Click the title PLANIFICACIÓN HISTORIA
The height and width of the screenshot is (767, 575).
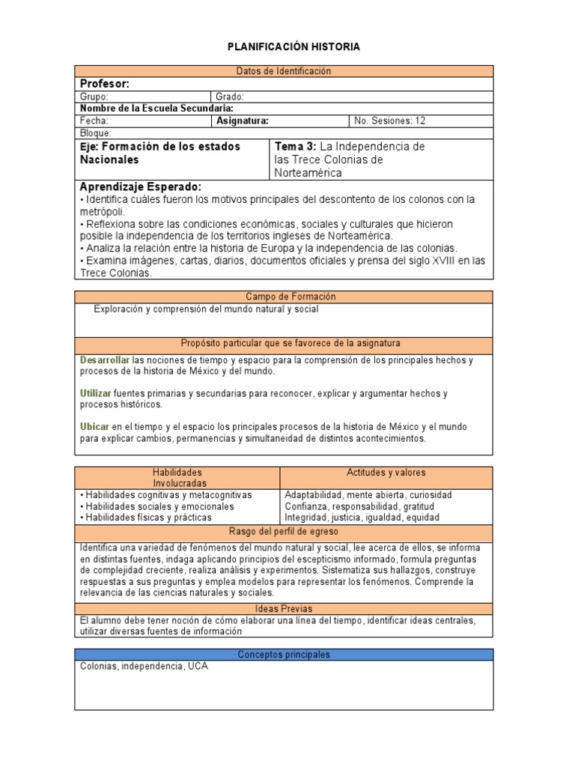point(293,46)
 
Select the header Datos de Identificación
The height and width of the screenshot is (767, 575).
point(283,71)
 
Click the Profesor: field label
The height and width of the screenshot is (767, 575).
point(105,84)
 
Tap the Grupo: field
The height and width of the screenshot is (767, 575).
point(94,97)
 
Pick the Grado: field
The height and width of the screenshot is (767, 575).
point(230,97)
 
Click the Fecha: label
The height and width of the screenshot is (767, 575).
point(94,121)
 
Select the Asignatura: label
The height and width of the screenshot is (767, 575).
point(243,121)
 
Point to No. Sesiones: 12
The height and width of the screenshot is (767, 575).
point(390,121)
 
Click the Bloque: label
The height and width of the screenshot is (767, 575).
point(96,133)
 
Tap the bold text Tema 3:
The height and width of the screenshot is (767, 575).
point(296,147)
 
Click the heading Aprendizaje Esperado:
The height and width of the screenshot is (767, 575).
point(140,187)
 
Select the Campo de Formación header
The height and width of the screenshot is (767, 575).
point(283,297)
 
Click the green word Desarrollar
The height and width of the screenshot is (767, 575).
point(105,360)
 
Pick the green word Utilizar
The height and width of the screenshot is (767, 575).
point(96,393)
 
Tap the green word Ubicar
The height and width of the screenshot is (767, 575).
point(94,426)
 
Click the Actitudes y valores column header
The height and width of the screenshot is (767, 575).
point(386,473)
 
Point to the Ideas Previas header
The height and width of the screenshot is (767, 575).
point(283,609)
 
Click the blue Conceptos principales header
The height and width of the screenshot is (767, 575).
point(283,655)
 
